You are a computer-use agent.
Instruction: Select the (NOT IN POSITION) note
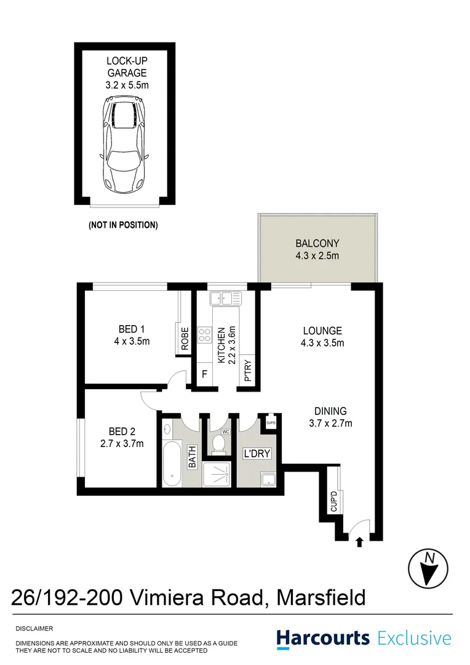(123, 225)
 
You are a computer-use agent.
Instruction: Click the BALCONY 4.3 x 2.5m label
(317, 249)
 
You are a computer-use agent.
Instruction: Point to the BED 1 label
(132, 335)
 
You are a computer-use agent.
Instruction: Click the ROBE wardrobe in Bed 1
(185, 338)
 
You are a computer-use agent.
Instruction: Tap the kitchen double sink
(225, 299)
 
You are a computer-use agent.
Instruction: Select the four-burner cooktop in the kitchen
(204, 336)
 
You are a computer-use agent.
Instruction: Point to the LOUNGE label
(322, 337)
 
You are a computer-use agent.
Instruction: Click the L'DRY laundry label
(257, 454)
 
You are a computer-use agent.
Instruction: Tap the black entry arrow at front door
(359, 541)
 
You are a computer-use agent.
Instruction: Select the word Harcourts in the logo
(323, 638)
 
